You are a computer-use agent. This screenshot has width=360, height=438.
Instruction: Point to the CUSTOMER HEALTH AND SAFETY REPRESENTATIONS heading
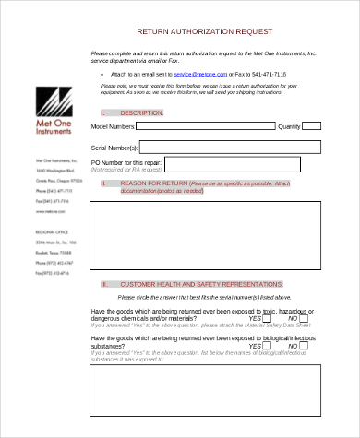(202, 284)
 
